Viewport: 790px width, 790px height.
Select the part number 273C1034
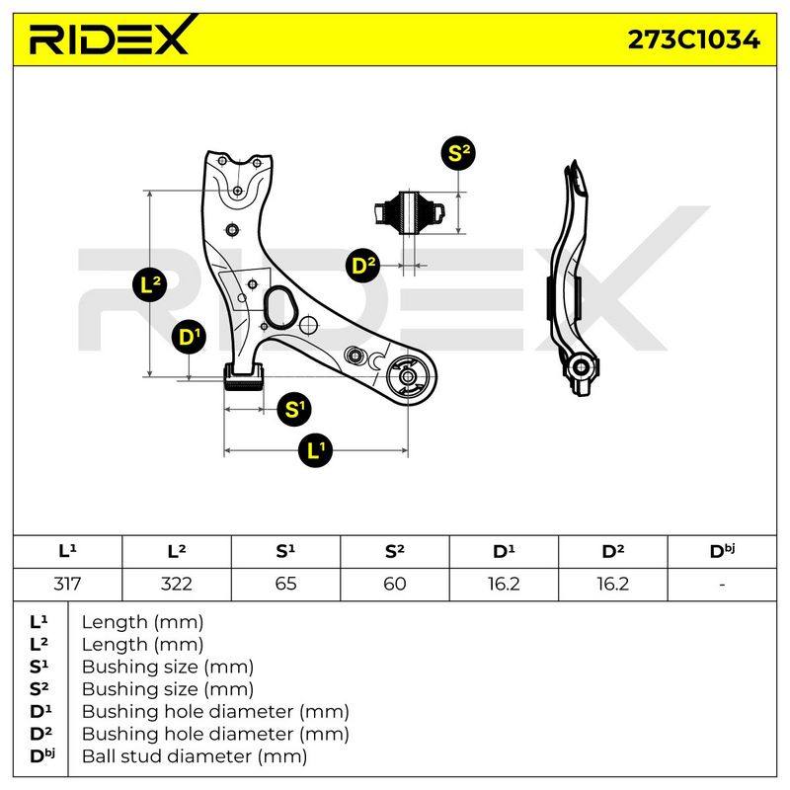click(693, 39)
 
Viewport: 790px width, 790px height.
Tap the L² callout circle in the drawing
click(150, 285)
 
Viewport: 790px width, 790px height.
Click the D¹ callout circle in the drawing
click(189, 337)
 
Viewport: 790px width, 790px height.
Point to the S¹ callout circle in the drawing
click(294, 409)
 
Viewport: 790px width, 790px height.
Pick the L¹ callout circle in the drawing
click(315, 450)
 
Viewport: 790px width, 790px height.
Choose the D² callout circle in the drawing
click(363, 265)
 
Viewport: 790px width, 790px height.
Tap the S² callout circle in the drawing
click(458, 152)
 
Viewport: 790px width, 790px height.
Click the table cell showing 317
click(67, 584)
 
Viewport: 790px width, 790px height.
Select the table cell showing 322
click(177, 584)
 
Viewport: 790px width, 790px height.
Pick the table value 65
click(285, 584)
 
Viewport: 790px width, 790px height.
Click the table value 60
click(394, 584)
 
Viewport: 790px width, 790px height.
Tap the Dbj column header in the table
click(722, 551)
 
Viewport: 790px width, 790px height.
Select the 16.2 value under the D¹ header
click(504, 584)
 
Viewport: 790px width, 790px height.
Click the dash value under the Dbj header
click(722, 585)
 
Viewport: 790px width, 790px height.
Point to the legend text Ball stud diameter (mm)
click(195, 755)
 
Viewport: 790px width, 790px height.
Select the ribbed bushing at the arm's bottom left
click(244, 378)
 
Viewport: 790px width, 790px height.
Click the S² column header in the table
click(394, 551)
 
